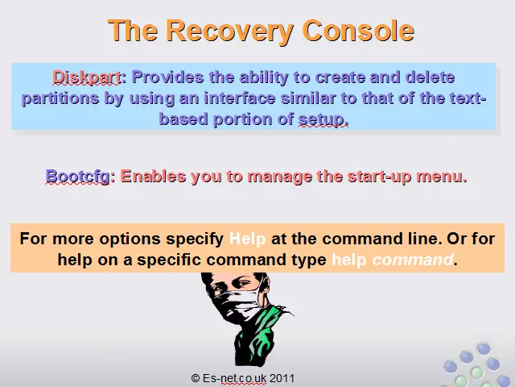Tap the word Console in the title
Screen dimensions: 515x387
pyautogui.click(x=358, y=31)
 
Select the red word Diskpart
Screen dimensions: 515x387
pyautogui.click(x=87, y=77)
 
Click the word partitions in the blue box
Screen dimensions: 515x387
pyautogui.click(x=60, y=98)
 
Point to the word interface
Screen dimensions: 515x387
pyautogui.click(x=240, y=98)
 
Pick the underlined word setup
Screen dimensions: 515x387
pyautogui.click(x=323, y=119)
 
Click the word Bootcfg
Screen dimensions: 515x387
pyautogui.click(x=78, y=177)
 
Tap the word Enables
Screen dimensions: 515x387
pyautogui.click(x=153, y=176)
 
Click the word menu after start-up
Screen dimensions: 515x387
pyautogui.click(x=442, y=177)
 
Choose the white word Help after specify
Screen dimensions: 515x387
pyautogui.click(x=247, y=239)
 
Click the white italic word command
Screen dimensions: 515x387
pyautogui.click(x=413, y=260)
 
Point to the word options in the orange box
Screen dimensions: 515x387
pyautogui.click(x=130, y=239)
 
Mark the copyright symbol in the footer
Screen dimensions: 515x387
pyautogui.click(x=195, y=378)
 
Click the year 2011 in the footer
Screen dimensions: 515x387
pyautogui.click(x=282, y=378)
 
